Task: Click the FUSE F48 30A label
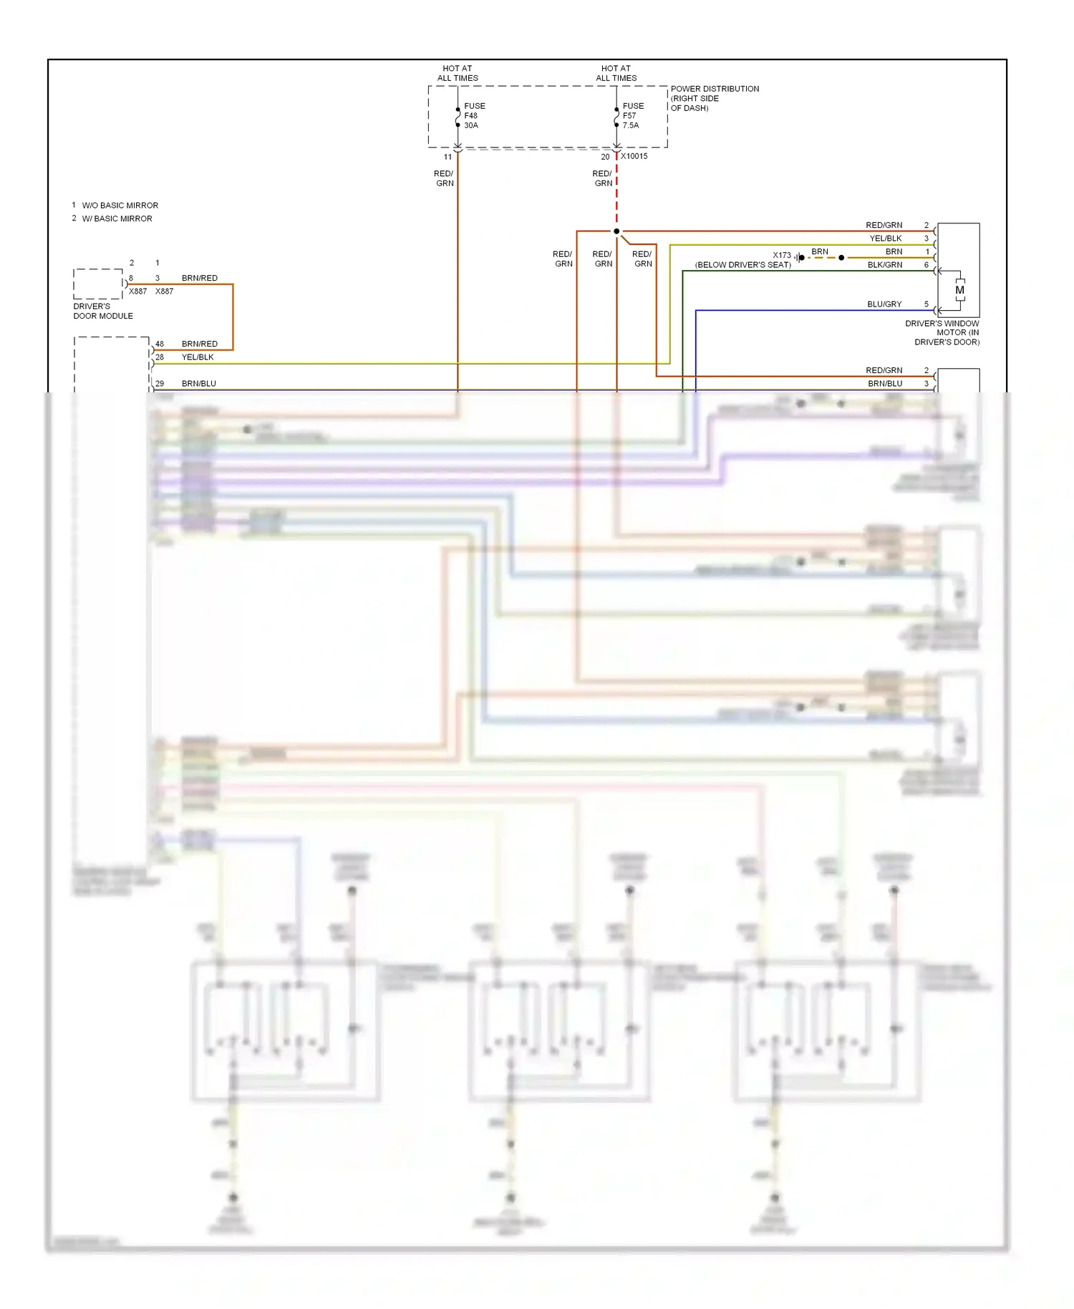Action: tap(474, 115)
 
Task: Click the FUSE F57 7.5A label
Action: tap(632, 115)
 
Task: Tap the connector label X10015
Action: tap(634, 156)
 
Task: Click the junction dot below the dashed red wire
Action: tap(616, 231)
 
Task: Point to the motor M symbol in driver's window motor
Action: tap(959, 290)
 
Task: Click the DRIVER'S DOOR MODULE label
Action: tap(102, 311)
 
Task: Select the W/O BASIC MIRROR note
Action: tap(120, 206)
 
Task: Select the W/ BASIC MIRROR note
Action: tap(117, 218)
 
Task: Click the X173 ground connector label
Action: tap(781, 255)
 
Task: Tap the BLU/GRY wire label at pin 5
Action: tap(884, 304)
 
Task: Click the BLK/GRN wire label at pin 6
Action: tap(885, 265)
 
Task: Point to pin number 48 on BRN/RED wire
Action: tap(160, 344)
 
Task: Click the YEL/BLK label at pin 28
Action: tap(198, 357)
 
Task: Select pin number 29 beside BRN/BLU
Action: tap(160, 383)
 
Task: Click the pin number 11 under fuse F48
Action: tap(447, 157)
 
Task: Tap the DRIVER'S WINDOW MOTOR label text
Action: tap(942, 332)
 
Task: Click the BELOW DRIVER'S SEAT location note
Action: tap(742, 265)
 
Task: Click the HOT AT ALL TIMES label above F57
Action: tap(616, 73)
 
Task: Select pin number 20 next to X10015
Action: tap(605, 157)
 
